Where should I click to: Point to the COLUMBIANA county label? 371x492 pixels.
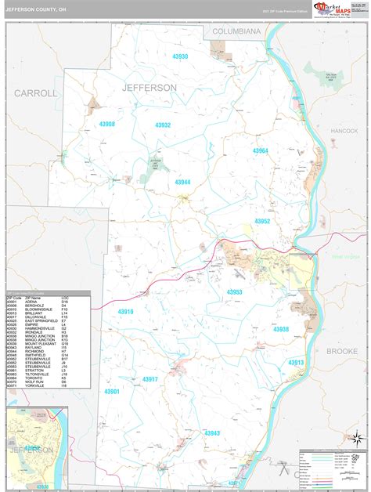pyautogui.click(x=234, y=31)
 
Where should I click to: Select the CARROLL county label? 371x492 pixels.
pyautogui.click(x=36, y=92)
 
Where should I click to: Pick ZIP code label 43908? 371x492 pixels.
pyautogui.click(x=107, y=124)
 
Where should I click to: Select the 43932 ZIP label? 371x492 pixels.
pyautogui.click(x=163, y=125)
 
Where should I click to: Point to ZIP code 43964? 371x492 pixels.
pyautogui.click(x=260, y=150)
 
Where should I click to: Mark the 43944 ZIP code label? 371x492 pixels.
pyautogui.click(x=182, y=182)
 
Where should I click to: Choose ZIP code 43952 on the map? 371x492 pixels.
pyautogui.click(x=262, y=221)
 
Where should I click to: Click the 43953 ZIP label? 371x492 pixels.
pyautogui.click(x=235, y=291)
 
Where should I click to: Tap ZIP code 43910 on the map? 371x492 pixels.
pyautogui.click(x=125, y=311)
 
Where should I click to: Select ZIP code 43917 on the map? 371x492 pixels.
pyautogui.click(x=150, y=379)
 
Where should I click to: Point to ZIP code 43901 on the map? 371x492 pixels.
pyautogui.click(x=112, y=391)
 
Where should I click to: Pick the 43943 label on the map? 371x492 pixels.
pyautogui.click(x=212, y=432)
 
